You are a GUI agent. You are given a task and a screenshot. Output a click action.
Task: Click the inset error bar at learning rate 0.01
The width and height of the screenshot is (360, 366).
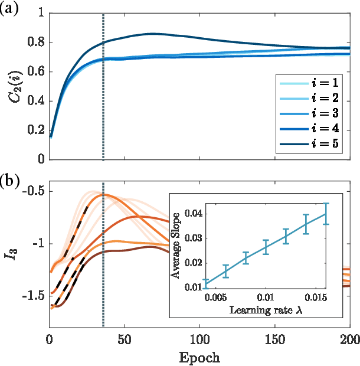click(x=266, y=247)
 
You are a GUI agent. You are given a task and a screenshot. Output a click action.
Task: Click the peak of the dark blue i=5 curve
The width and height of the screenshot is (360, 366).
click(x=153, y=34)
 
